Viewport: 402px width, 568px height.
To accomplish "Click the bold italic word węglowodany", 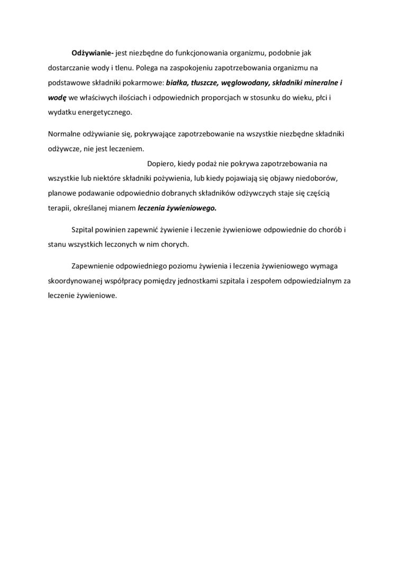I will pyautogui.click(x=246, y=83).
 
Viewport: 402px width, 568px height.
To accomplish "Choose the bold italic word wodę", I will pyautogui.click(x=57, y=98).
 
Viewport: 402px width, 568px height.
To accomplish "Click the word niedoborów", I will pyautogui.click(x=326, y=179).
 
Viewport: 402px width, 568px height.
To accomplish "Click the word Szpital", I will pyautogui.click(x=84, y=230).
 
